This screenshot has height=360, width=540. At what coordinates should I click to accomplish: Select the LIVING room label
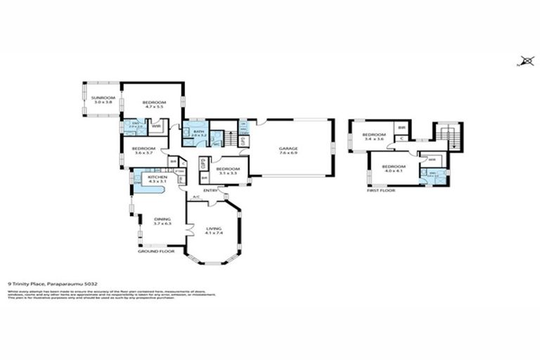[214, 229]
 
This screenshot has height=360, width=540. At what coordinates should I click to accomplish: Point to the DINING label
[162, 219]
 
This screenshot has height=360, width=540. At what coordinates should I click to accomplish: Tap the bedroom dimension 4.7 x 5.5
[153, 107]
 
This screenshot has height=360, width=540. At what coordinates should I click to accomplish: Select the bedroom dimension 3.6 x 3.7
[143, 153]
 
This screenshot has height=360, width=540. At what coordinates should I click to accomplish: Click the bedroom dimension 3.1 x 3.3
[227, 173]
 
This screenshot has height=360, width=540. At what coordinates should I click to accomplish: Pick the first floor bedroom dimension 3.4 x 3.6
[374, 139]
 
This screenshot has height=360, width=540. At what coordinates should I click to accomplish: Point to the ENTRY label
[210, 191]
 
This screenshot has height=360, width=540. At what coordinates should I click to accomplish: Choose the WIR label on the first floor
[424, 160]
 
